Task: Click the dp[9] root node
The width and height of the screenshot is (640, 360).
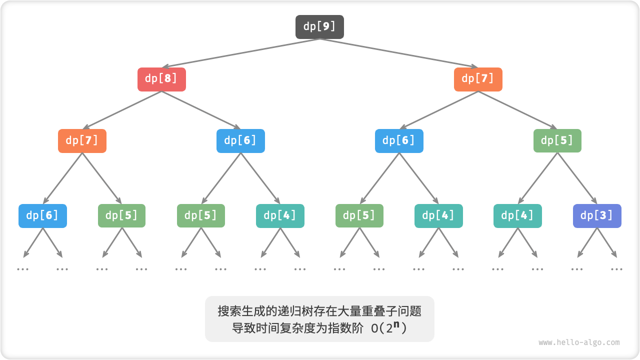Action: pyautogui.click(x=319, y=27)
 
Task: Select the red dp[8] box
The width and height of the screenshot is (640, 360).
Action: pyautogui.click(x=161, y=79)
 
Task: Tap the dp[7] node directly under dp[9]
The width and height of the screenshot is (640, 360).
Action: pyautogui.click(x=478, y=79)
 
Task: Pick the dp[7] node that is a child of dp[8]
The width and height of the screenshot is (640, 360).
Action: pyautogui.click(x=82, y=141)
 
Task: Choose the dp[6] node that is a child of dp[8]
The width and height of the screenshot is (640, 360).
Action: pyautogui.click(x=240, y=141)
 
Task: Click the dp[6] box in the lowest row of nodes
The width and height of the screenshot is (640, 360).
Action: pyautogui.click(x=42, y=216)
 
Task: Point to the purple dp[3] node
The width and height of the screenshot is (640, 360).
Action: pyautogui.click(x=597, y=216)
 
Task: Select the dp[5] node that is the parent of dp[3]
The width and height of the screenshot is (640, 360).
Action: pyautogui.click(x=557, y=141)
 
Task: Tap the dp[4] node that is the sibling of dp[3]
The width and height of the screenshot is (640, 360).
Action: pyautogui.click(x=517, y=216)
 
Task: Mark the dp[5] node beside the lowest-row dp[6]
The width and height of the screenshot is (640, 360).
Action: pyautogui.click(x=121, y=216)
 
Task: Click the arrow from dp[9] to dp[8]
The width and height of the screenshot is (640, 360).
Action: pyautogui.click(x=240, y=53)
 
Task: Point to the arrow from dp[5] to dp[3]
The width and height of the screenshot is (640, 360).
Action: pyautogui.click(x=577, y=178)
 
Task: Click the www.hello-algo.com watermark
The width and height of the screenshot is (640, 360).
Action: pyautogui.click(x=579, y=342)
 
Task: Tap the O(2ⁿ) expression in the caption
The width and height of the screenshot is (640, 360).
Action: pyautogui.click(x=389, y=328)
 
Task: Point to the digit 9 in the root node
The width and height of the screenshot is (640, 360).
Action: pyautogui.click(x=325, y=27)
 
